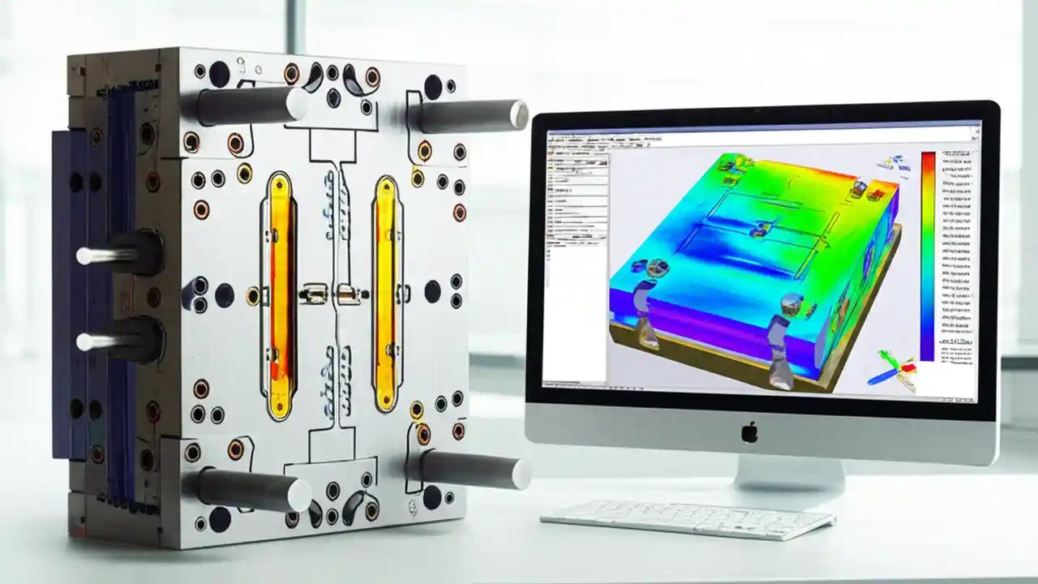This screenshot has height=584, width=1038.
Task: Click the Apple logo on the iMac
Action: (749, 432)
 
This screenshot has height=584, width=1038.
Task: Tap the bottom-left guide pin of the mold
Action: (243, 489)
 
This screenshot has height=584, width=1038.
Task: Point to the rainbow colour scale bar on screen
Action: (928, 255)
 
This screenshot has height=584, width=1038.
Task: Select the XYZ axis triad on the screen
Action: (892, 369)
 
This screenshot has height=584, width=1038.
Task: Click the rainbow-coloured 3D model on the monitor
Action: (754, 260)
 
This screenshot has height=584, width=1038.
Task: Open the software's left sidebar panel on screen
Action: (577, 243)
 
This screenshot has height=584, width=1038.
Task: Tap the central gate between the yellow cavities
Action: (332, 293)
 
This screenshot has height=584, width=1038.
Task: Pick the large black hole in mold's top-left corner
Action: (219, 74)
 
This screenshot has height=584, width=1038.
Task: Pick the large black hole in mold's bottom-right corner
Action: (432, 496)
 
